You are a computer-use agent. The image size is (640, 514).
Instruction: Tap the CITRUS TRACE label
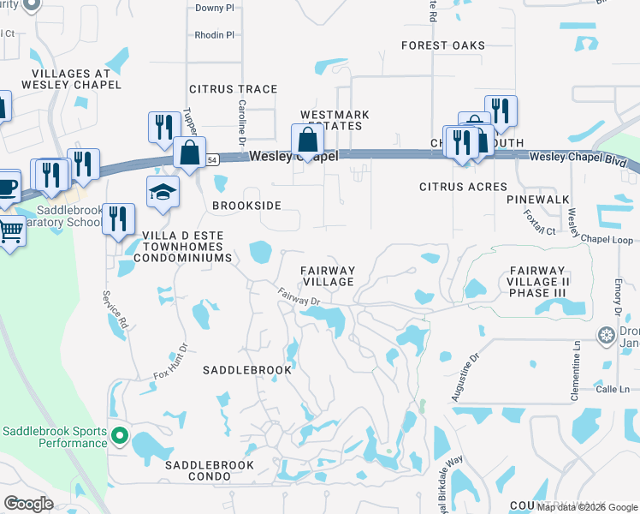[x=234, y=89]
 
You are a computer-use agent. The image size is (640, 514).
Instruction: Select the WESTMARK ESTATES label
[x=335, y=120]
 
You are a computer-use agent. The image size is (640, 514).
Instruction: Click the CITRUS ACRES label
[x=463, y=187]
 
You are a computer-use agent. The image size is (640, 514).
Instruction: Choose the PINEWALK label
[x=537, y=199]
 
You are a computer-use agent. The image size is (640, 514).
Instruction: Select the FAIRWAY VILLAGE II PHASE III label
[x=538, y=282]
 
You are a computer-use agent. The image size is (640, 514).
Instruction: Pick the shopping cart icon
[x=10, y=230]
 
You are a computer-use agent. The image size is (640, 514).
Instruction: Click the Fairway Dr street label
[x=298, y=296]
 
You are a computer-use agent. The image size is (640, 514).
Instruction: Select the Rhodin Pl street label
[x=214, y=35]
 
